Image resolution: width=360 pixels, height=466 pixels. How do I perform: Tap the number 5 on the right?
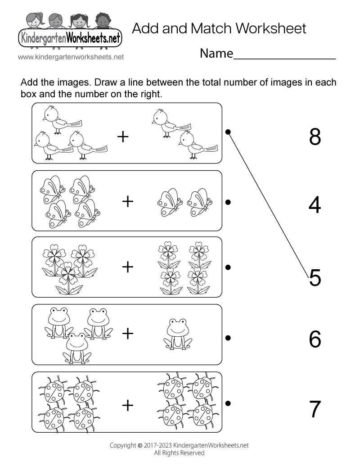(x=315, y=278)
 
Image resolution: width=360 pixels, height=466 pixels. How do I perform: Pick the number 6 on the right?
(x=315, y=339)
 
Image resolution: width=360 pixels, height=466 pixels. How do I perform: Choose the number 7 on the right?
(x=315, y=409)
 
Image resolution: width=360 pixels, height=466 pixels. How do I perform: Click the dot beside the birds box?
(x=228, y=132)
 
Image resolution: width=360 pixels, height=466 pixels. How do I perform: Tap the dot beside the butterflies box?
(x=228, y=202)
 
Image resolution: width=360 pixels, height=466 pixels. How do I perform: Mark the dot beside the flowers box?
(x=228, y=267)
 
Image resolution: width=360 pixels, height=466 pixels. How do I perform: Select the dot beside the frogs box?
(x=228, y=337)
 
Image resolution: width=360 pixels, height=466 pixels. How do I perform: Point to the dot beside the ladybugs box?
(x=228, y=403)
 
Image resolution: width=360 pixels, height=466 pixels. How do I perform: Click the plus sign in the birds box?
(x=122, y=136)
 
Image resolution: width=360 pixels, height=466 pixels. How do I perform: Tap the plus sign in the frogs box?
(x=128, y=334)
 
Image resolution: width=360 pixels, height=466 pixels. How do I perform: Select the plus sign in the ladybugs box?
(x=128, y=406)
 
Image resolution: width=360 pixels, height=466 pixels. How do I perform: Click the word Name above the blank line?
(x=216, y=54)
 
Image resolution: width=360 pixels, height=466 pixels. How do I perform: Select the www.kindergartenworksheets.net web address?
(x=71, y=57)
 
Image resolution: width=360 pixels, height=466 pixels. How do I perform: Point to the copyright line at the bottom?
(x=180, y=445)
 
